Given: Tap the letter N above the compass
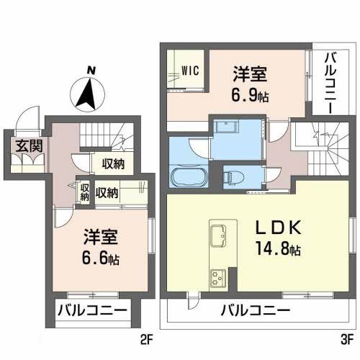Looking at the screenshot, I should tap(91, 70).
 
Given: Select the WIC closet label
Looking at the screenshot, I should tap(191, 70).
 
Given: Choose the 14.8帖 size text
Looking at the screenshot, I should tap(277, 250).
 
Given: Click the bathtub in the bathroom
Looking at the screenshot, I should tap(189, 176).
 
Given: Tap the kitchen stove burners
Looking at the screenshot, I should tap(218, 276).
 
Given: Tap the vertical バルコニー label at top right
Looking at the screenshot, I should tap(330, 81).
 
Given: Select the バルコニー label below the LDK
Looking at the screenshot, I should tap(255, 312).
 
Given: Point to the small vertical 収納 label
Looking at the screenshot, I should tap(84, 192).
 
